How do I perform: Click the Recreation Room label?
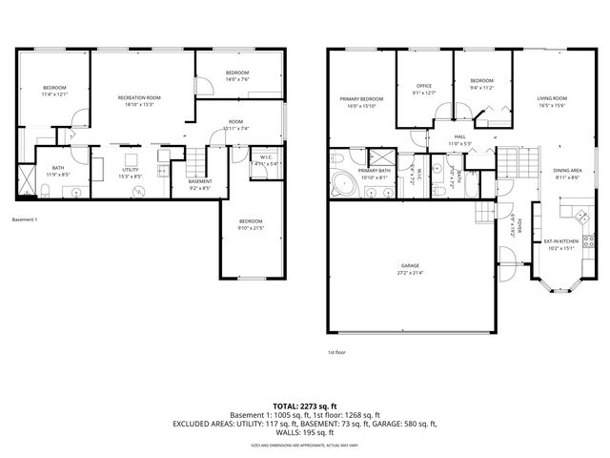coord(138,97)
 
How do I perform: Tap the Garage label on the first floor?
coord(411,266)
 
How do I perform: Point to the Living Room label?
coord(551,98)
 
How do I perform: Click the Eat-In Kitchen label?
coord(561,241)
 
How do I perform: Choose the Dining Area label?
coord(568,172)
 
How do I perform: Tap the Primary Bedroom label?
coord(362,98)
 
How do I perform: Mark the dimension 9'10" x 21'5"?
coord(251,228)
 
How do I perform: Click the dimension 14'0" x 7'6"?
coord(237,80)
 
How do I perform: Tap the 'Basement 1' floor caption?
coord(25,219)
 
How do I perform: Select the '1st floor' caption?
coord(336,352)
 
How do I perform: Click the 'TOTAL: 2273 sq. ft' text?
coord(304,406)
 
